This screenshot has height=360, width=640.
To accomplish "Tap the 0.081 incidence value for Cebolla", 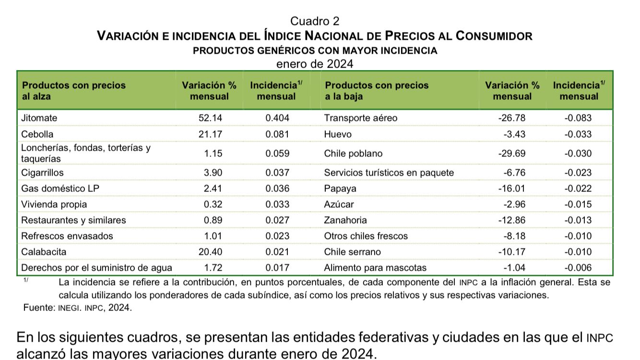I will (277, 134).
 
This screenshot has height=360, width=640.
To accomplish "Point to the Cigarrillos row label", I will (42, 172).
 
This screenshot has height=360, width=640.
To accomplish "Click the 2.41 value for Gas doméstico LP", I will (213, 188).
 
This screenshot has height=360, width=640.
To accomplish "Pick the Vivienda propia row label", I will (54, 204).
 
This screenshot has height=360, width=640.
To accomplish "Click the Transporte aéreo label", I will (361, 118).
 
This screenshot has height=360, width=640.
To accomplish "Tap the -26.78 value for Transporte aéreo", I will (512, 118).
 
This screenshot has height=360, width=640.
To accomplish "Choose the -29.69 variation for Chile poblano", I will (512, 154).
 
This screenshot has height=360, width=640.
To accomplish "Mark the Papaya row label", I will (340, 188).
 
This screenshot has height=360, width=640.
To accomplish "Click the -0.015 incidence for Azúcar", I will (578, 204).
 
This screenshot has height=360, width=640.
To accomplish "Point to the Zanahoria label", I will (345, 220).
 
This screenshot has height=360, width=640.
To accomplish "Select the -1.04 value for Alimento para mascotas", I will (514, 267).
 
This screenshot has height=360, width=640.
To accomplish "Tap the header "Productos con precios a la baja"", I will (377, 91).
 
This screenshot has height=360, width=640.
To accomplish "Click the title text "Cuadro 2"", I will (315, 21).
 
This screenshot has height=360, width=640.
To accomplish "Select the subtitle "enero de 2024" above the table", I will (315, 64).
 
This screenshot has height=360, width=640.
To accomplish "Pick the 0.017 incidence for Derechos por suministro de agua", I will (277, 267).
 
